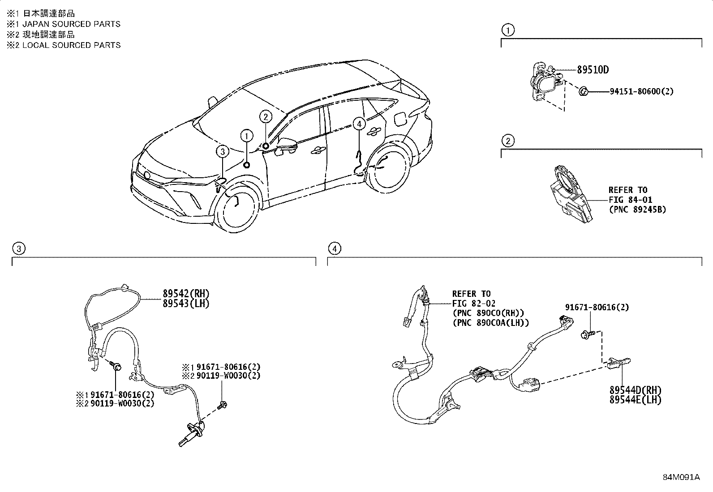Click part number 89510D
[x=593, y=70]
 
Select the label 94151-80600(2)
[x=641, y=91]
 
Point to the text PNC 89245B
[x=637, y=210]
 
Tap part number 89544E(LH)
[x=635, y=400]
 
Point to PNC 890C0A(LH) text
[x=490, y=322]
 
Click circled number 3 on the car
[x=223, y=152]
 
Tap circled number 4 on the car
[x=359, y=124]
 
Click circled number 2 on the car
[x=266, y=117]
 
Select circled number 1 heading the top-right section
[x=507, y=30]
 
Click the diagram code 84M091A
[x=681, y=477]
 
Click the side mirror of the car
[x=287, y=145]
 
